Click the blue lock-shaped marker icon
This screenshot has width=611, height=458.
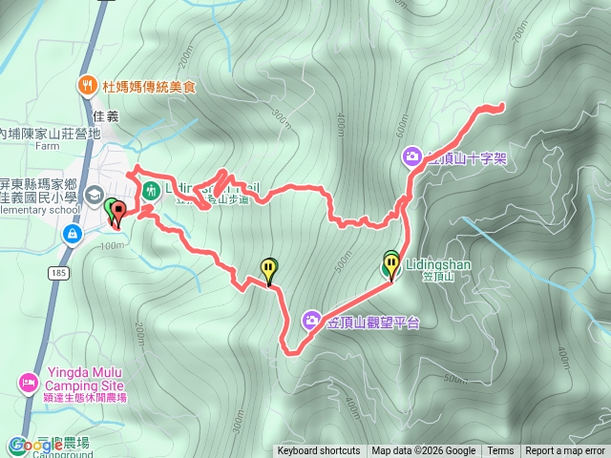click(x=73, y=234)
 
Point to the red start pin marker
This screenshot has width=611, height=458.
click(x=117, y=215)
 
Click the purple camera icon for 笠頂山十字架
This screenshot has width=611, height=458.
click(x=411, y=155)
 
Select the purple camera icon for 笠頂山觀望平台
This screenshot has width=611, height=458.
click(x=312, y=320)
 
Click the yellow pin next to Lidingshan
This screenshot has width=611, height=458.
click(x=391, y=266)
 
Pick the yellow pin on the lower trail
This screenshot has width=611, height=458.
click(x=270, y=270)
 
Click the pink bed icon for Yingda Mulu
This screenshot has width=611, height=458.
click(x=28, y=383)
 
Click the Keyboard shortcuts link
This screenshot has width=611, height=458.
click(x=319, y=451)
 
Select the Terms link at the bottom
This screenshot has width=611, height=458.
click(x=500, y=451)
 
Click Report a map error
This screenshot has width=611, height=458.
click(x=565, y=451)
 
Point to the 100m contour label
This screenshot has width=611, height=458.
click(x=111, y=246)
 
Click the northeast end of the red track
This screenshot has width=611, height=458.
click(x=501, y=106)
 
